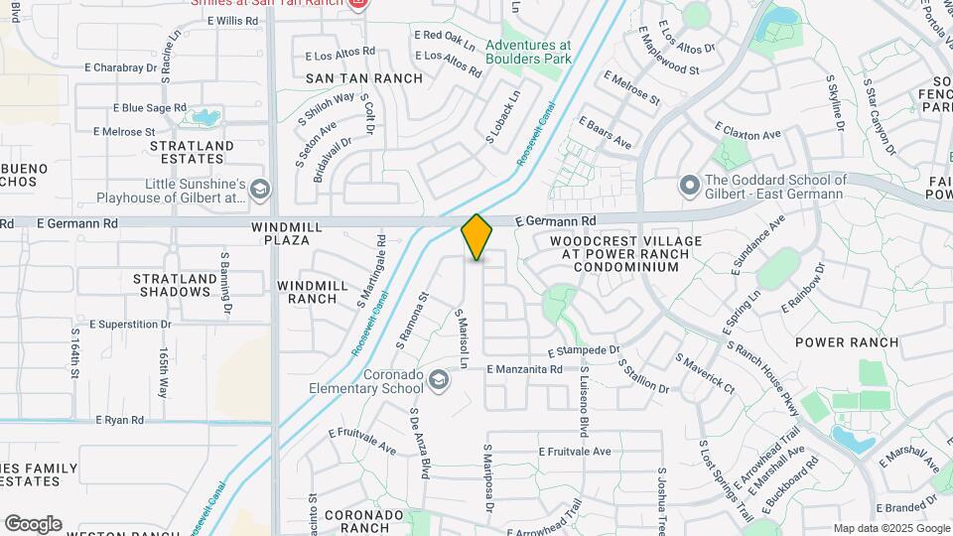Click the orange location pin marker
point(477,236)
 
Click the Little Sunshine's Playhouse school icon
point(260,190)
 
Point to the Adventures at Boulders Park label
point(529,52)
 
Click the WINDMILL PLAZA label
point(287,234)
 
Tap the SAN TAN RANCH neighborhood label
point(363,78)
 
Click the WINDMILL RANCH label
point(313,292)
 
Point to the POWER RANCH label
point(847,342)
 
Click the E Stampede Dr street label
point(584,351)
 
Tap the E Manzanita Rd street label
point(524,369)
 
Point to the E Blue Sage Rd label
point(149,107)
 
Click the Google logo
point(33,524)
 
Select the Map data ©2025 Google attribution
point(890,528)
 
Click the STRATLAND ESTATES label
point(192,152)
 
